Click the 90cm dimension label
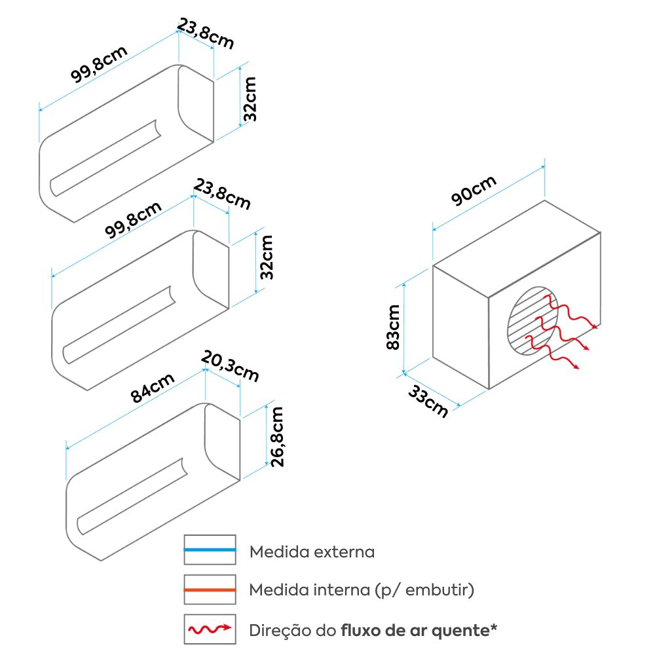[474, 191]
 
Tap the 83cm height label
[394, 327]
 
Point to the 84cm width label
[153, 388]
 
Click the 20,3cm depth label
[230, 366]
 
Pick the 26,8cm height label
[277, 437]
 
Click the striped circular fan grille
[533, 321]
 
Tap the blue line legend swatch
[210, 550]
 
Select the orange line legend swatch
[210, 589]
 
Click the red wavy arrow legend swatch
[210, 629]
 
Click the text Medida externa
[312, 552]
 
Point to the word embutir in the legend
[437, 590]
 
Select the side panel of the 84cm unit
[223, 442]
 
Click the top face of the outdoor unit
[517, 249]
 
